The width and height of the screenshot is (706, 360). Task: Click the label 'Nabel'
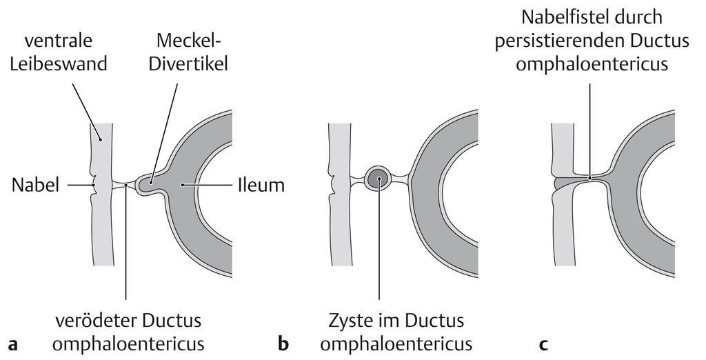[36, 186]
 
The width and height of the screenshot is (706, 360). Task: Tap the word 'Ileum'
[261, 186]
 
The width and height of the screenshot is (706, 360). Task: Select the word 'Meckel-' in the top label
[190, 41]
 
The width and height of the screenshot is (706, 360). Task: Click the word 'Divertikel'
[188, 63]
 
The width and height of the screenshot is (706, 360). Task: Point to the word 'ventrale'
[59, 41]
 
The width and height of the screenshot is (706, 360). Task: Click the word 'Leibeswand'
[59, 63]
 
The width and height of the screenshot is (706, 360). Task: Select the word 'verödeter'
[95, 321]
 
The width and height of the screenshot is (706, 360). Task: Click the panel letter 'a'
[13, 345]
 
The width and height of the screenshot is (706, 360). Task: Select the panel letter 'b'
[283, 343]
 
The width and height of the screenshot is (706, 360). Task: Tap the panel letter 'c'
[543, 345]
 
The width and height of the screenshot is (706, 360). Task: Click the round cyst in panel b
[379, 177]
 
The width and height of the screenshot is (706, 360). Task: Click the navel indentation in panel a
[94, 184]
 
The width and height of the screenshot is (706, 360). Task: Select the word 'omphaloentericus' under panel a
[128, 344]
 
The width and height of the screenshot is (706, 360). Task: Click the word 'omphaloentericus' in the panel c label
[592, 64]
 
